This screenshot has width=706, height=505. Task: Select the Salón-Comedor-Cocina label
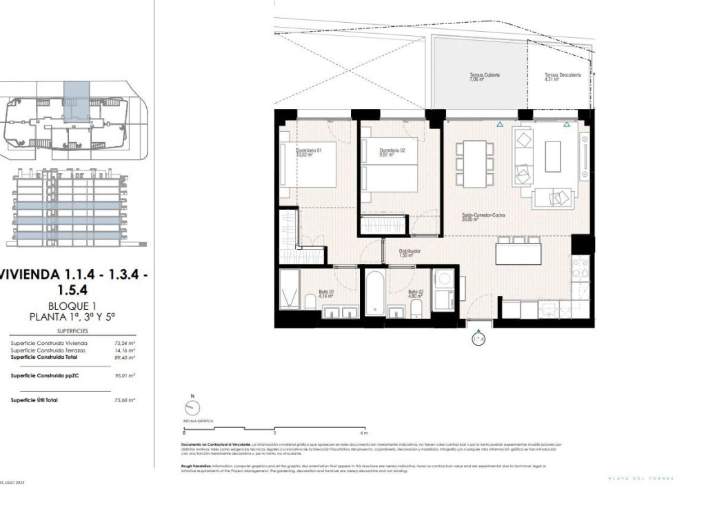point(483,217)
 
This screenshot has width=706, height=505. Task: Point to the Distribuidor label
point(410,253)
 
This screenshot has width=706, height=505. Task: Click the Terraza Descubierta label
point(562,77)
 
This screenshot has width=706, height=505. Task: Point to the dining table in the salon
point(478,164)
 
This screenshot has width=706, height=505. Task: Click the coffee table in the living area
point(553,157)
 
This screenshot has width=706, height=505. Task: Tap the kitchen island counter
point(518,255)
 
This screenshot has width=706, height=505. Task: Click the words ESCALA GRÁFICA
point(197,420)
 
